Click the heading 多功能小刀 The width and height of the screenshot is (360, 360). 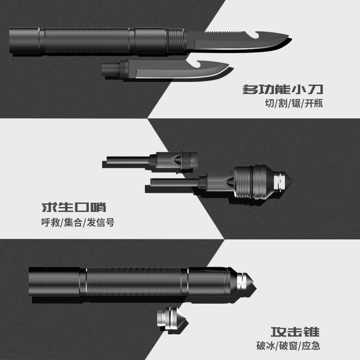point(283,88)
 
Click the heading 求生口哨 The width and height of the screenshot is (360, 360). point(74,208)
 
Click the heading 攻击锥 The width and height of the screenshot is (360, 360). point(296,332)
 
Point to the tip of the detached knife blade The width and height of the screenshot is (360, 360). point(230,69)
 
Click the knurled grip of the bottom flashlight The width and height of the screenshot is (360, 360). point(135,281)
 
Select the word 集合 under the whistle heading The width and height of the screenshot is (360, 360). point(72,223)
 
